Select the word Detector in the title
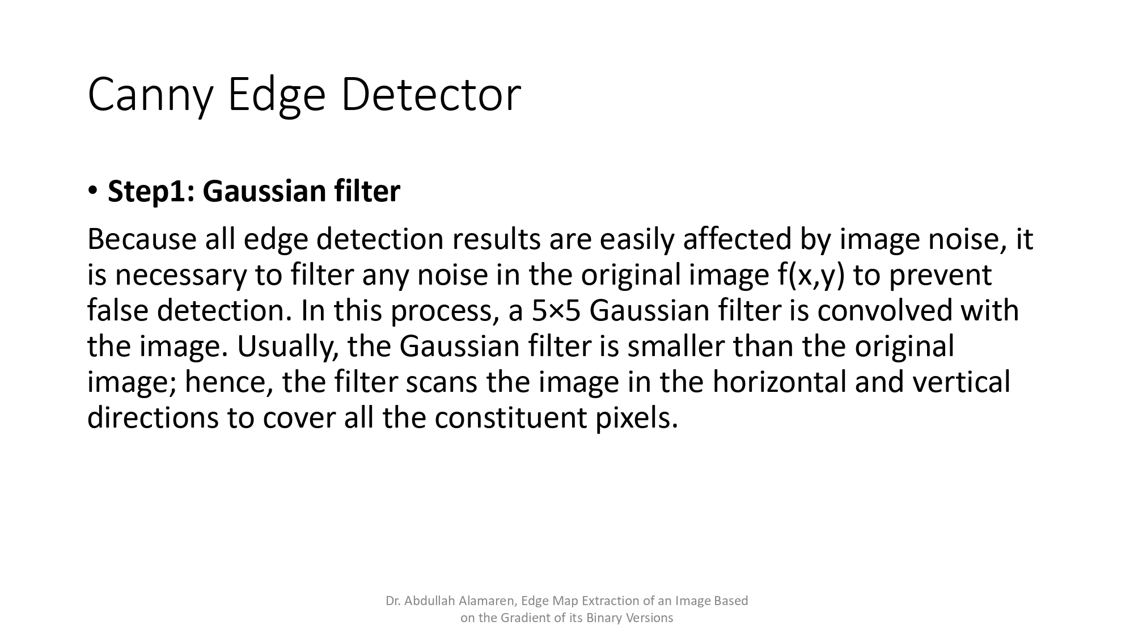click(x=430, y=94)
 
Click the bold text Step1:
click(x=151, y=191)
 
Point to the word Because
click(x=141, y=239)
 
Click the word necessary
click(x=181, y=275)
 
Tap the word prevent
click(x=941, y=275)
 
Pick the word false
click(x=117, y=311)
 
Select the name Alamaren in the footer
click(x=487, y=601)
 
